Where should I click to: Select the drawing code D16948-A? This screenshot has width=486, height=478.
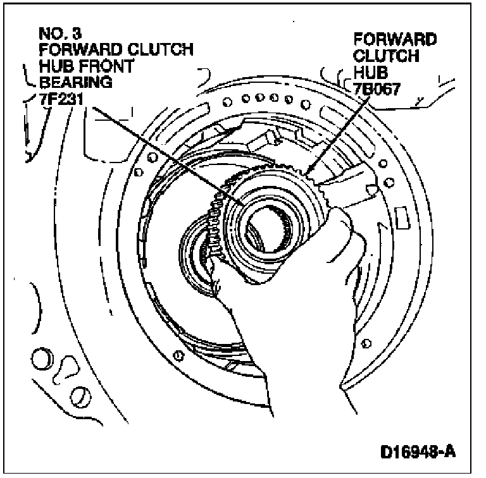[418, 453]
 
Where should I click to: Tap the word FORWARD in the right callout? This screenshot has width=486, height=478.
[394, 40]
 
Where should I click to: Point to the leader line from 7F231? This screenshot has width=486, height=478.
[165, 152]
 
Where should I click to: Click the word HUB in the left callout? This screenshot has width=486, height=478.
[53, 65]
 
